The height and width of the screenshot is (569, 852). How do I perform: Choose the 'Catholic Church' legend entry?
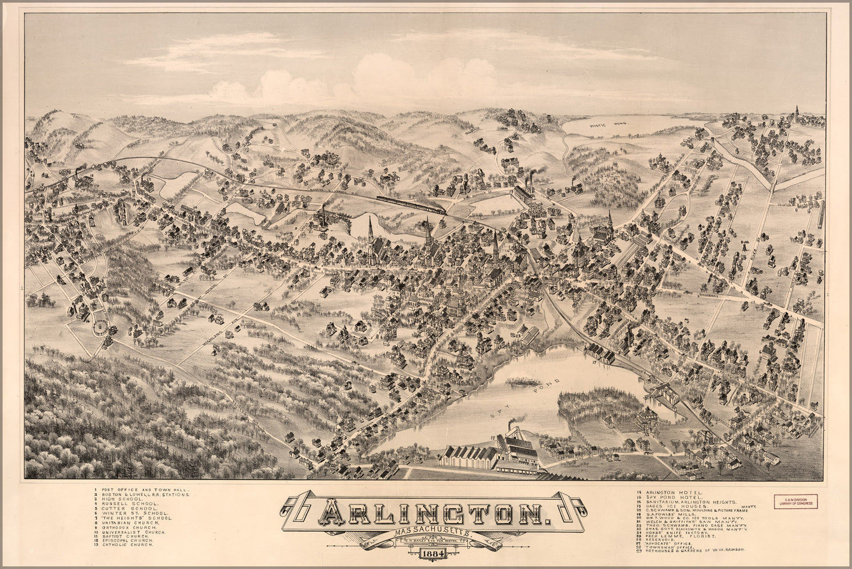point(127,545)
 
